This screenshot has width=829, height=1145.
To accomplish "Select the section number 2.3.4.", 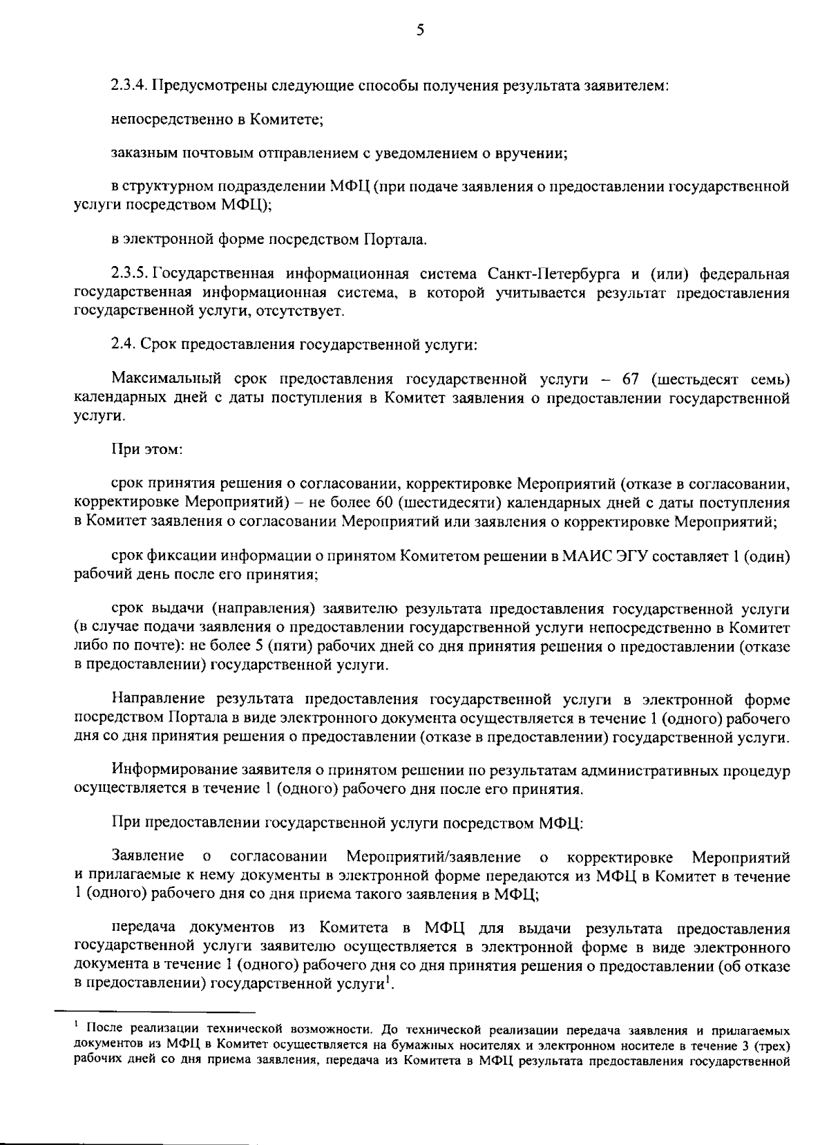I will click(x=129, y=86).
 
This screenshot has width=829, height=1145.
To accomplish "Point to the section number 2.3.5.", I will click(x=129, y=275).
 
